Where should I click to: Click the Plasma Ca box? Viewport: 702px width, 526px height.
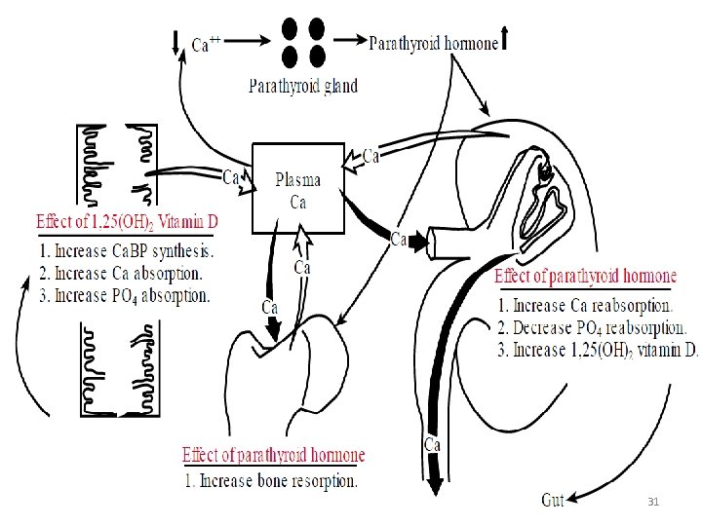(x=297, y=189)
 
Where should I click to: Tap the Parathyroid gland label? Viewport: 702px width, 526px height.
(x=303, y=85)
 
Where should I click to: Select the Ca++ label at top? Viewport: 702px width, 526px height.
(x=206, y=43)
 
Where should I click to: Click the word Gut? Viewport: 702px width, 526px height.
(x=553, y=500)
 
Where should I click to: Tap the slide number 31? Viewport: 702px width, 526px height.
(x=654, y=501)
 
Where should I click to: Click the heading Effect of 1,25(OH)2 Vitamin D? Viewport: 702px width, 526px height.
(x=127, y=222)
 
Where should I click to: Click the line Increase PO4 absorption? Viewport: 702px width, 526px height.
(x=125, y=294)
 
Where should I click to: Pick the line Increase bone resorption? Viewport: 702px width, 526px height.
(x=270, y=480)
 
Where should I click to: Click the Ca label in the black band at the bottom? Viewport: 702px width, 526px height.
(x=433, y=444)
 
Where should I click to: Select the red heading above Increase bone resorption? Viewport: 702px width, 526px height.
(x=273, y=455)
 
